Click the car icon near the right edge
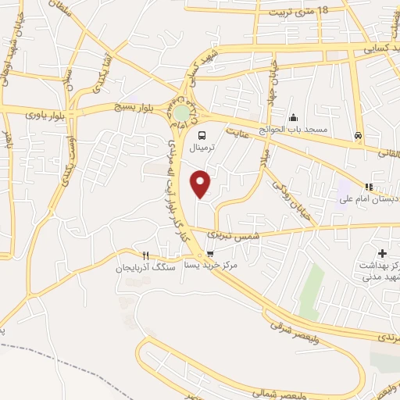[357, 134]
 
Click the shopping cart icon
[210, 254]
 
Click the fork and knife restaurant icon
[145, 255]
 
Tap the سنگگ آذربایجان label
[143, 268]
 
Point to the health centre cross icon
[382, 253]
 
